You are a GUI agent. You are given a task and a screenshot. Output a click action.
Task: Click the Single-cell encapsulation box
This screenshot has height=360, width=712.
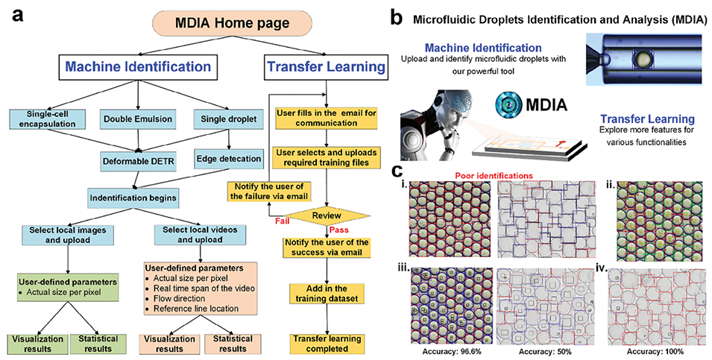[46, 117]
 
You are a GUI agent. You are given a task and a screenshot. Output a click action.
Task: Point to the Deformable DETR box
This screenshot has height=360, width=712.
[138, 158]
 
